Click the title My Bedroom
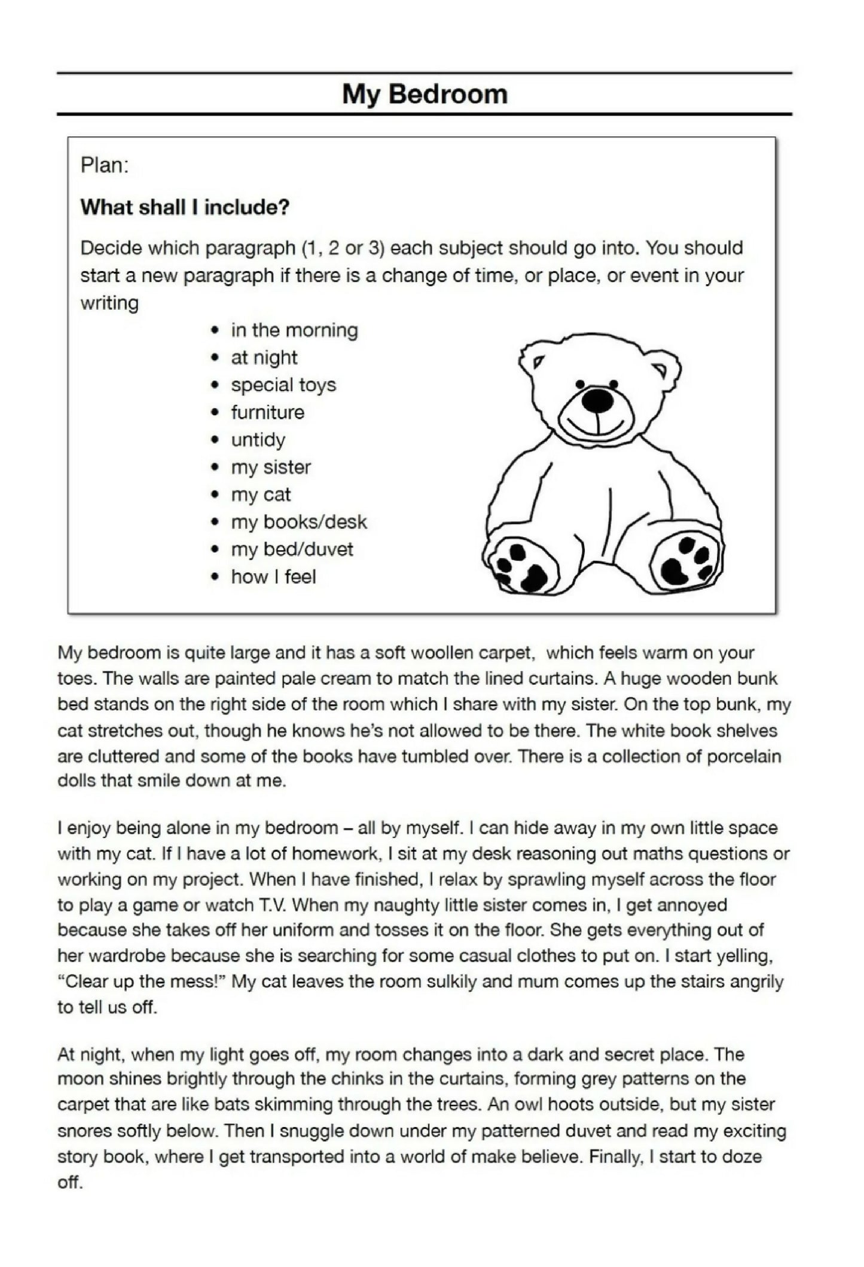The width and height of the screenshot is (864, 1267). [x=425, y=95]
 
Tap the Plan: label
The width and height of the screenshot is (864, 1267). [x=105, y=166]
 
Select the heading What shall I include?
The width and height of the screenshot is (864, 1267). [x=185, y=208]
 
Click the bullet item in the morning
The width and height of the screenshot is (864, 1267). [x=294, y=330]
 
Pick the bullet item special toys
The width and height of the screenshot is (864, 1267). [x=283, y=385]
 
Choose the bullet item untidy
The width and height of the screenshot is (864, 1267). [x=258, y=440]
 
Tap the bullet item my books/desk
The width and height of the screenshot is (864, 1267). [x=299, y=522]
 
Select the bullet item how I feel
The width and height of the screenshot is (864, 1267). [x=273, y=577]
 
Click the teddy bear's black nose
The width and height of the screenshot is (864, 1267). [x=597, y=400]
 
